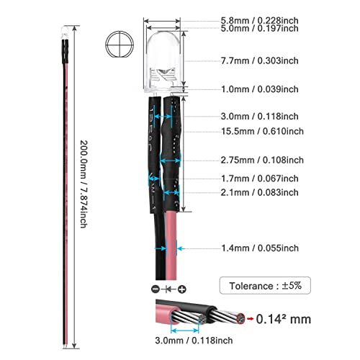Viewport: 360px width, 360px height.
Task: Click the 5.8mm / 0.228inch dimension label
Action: (x=260, y=21)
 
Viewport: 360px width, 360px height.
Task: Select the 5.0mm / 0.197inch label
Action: (x=260, y=28)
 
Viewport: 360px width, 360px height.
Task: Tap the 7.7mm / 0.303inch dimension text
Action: (x=260, y=60)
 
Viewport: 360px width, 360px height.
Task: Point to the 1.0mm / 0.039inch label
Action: (x=260, y=89)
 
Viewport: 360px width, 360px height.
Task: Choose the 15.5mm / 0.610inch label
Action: (x=262, y=131)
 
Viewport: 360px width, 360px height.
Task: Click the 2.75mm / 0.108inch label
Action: (x=262, y=160)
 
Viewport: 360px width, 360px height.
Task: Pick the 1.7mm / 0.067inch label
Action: (x=260, y=179)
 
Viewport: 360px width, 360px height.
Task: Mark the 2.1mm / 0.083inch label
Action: (x=260, y=192)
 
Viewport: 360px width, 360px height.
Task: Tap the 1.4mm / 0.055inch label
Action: (x=260, y=248)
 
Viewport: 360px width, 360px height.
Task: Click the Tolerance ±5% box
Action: (x=265, y=285)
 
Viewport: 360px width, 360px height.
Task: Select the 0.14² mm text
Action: (x=284, y=319)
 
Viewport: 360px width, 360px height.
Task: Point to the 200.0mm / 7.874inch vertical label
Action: (x=84, y=184)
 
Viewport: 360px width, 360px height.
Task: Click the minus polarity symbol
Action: (x=156, y=289)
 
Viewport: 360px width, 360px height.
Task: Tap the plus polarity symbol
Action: (x=182, y=289)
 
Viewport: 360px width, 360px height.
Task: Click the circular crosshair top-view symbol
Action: (x=120, y=45)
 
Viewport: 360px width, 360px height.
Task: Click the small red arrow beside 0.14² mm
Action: (x=250, y=319)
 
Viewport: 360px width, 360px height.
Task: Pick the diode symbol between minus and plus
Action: (x=168, y=289)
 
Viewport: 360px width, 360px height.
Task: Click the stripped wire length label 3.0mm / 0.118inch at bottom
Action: (x=194, y=341)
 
